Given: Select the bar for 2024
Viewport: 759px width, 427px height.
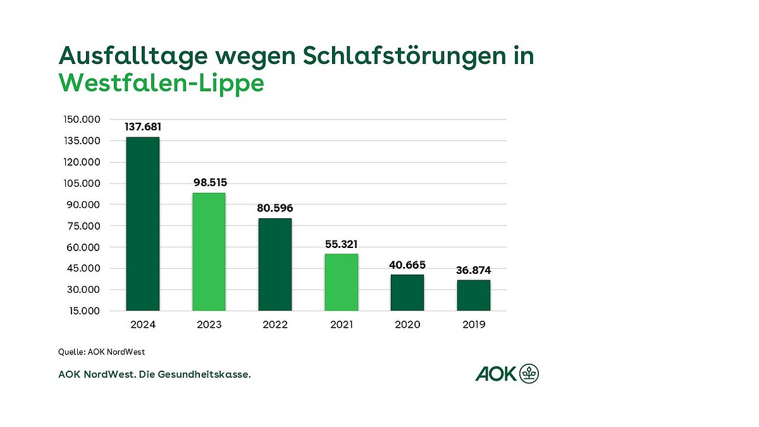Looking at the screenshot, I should (143, 224).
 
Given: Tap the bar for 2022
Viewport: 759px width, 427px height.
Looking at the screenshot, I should (275, 264).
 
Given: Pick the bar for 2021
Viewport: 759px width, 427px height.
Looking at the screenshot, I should (342, 282).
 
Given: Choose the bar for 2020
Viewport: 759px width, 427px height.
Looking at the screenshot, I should (407, 293).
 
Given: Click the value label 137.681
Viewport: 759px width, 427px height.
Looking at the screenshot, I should (143, 127).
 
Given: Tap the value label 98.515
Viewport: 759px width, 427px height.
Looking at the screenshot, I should (209, 183).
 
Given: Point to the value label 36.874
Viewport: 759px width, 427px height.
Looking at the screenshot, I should (474, 270).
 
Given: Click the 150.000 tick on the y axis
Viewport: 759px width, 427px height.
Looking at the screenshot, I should (82, 120).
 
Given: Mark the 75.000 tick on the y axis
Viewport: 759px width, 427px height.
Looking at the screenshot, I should (84, 226).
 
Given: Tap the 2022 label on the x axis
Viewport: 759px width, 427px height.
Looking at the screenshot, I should (275, 325).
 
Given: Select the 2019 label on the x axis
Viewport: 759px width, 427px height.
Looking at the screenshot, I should (474, 325).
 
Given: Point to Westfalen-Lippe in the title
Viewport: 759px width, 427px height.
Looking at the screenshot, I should (161, 83).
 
